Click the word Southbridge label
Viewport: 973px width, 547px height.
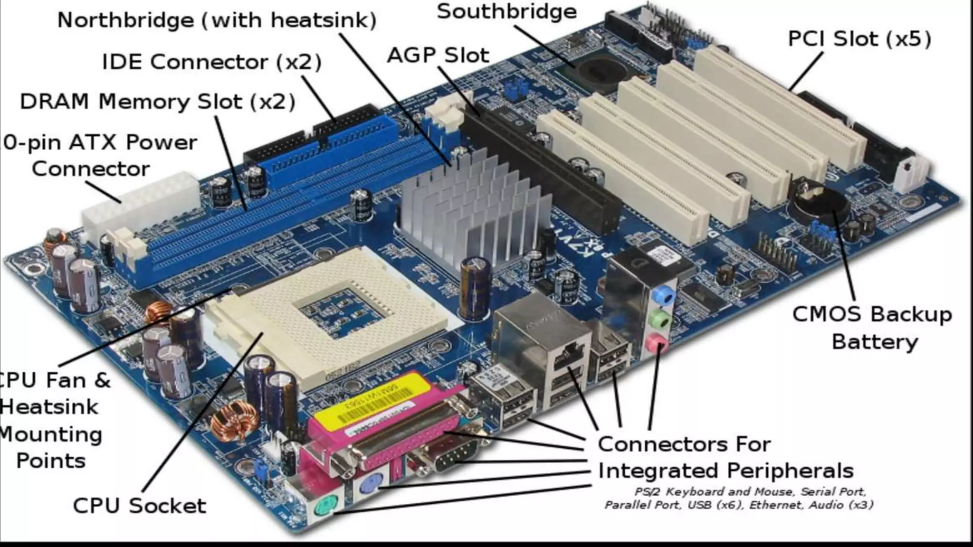(x=506, y=11)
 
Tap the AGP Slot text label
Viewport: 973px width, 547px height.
(x=438, y=56)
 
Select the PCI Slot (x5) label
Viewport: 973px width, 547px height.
(x=859, y=39)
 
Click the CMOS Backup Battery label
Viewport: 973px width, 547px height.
(x=872, y=328)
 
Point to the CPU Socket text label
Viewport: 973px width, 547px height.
(x=139, y=505)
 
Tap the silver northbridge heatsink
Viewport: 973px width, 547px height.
(x=470, y=204)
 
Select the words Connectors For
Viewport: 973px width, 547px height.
(x=684, y=444)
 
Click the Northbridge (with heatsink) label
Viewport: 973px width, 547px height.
(x=217, y=20)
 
